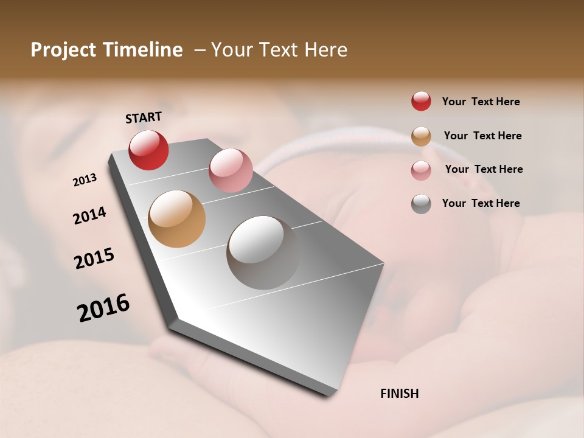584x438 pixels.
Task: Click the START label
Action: tap(144, 117)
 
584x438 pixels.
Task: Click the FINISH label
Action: tap(399, 394)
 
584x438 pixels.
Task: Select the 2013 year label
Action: tap(85, 180)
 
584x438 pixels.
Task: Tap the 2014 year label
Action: tap(89, 215)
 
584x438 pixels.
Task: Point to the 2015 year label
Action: tap(94, 259)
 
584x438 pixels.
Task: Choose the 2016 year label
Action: tap(103, 308)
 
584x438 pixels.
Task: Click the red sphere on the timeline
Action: tap(148, 150)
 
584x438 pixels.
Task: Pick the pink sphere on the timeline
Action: tap(231, 170)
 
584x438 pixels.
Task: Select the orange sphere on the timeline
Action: tap(176, 219)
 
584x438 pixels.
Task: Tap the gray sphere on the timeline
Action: tap(263, 252)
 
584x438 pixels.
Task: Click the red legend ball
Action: tap(421, 101)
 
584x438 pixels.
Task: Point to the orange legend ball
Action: tap(421, 136)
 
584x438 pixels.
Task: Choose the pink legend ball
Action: tap(421, 170)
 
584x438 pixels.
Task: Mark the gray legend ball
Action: tap(421, 203)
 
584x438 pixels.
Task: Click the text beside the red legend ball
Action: tap(481, 102)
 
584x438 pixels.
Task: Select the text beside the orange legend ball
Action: tap(482, 136)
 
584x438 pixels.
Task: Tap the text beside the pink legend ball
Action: tap(484, 169)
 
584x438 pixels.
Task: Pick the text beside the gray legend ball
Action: tap(481, 203)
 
